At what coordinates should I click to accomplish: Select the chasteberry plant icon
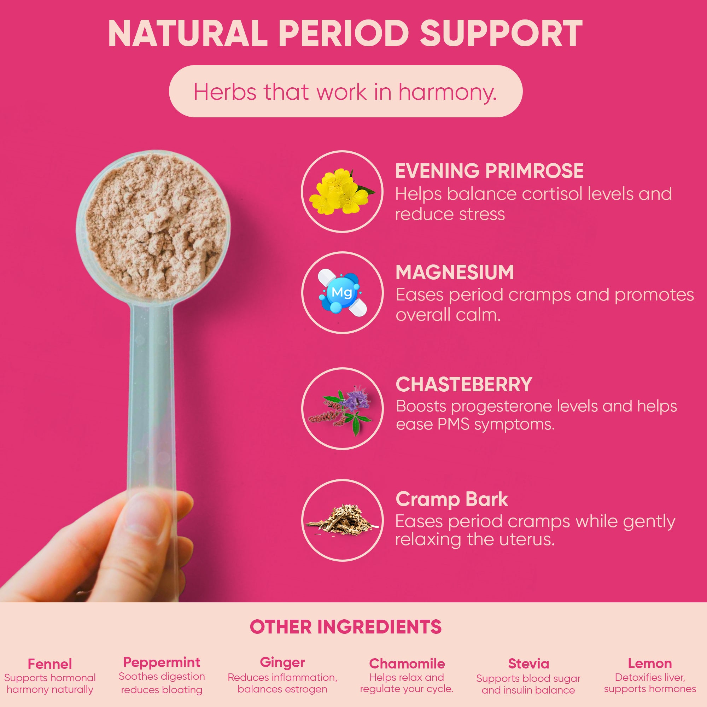point(343,408)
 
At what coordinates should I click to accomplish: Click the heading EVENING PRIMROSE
point(489,171)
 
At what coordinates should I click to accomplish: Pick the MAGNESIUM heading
point(455,273)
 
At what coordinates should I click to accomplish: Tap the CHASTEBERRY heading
point(464,385)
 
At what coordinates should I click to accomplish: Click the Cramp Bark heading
point(451,499)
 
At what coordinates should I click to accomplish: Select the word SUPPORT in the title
point(501,34)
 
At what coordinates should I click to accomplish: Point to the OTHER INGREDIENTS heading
point(345,627)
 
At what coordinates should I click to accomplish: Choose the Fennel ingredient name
point(50,664)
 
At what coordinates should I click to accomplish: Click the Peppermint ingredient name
point(162,662)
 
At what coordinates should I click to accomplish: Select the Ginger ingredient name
point(282,662)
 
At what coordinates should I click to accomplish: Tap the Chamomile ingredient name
point(407,664)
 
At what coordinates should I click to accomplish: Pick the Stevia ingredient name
point(528,664)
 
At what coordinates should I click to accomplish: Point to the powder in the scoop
point(154,227)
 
